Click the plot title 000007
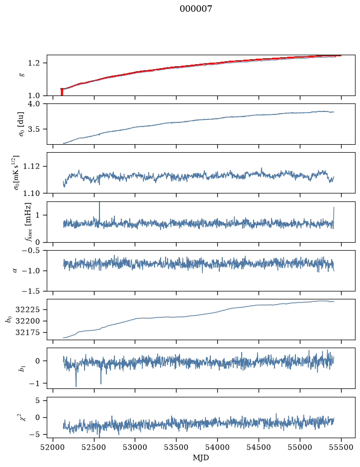click(195, 8)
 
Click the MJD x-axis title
click(201, 458)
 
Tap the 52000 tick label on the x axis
click(53, 447)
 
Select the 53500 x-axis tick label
click(177, 447)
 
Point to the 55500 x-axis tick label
click(341, 447)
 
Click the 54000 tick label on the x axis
click(217, 447)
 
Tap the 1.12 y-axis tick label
click(31, 166)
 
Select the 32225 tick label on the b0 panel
click(27, 310)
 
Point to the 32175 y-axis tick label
click(27, 333)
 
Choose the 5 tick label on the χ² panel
click(37, 400)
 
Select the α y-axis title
click(15, 271)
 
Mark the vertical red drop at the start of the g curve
click(62, 92)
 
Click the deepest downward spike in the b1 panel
click(76, 378)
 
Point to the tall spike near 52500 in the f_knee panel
click(99, 212)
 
